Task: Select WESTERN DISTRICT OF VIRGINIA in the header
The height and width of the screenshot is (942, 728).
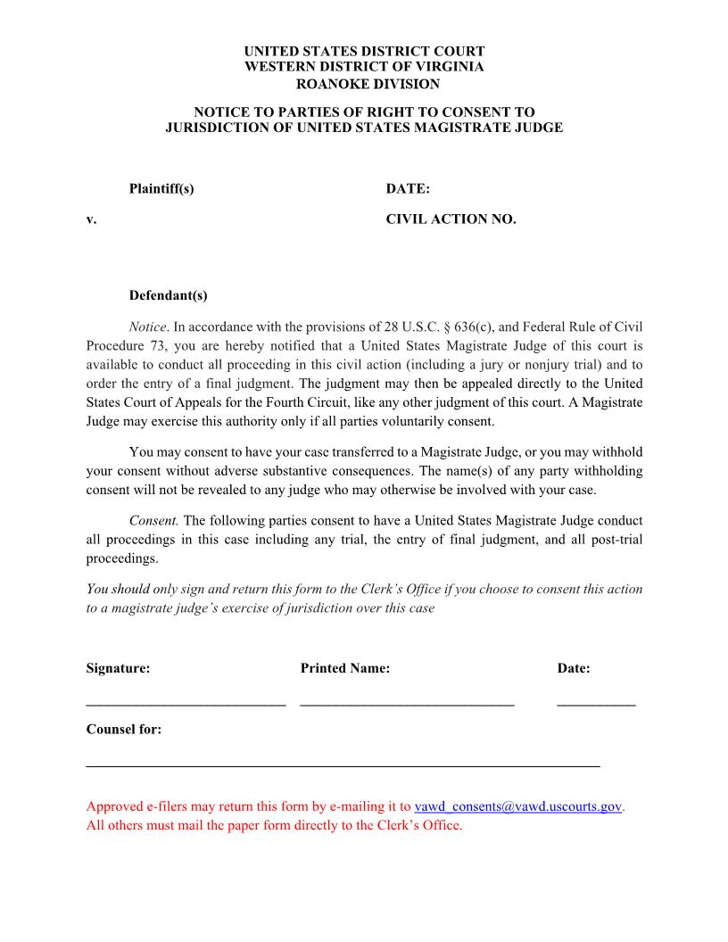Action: click(364, 67)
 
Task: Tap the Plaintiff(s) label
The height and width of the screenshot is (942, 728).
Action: click(161, 189)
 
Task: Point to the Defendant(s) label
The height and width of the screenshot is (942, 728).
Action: click(168, 295)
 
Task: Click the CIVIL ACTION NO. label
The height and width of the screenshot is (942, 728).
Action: click(451, 219)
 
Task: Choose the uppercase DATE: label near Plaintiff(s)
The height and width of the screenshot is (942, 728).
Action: click(408, 189)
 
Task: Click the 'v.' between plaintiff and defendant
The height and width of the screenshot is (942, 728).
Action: click(91, 219)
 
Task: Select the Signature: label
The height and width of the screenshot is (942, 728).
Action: click(118, 668)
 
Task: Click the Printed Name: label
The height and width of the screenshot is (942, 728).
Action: click(345, 668)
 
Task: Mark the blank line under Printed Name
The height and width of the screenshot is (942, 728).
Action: click(407, 705)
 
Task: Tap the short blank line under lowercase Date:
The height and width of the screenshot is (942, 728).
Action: click(596, 705)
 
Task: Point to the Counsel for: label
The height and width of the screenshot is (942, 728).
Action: click(124, 729)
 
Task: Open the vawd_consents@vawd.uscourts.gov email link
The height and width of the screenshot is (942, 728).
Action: click(517, 806)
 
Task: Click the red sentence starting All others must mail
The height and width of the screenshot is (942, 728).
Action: click(274, 825)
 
